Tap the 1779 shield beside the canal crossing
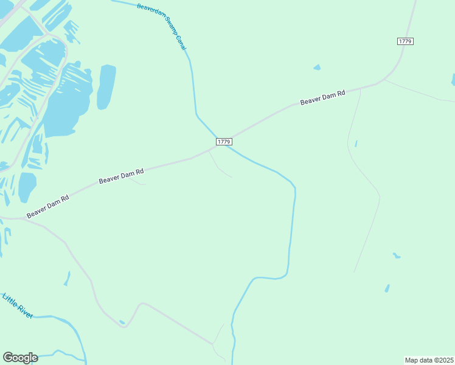pyautogui.click(x=224, y=141)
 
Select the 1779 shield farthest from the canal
pyautogui.click(x=405, y=41)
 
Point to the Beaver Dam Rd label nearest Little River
pyautogui.click(x=47, y=207)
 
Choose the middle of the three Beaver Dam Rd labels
pyautogui.click(x=121, y=176)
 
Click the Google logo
pyautogui.click(x=20, y=357)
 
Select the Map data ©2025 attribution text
pyautogui.click(x=429, y=360)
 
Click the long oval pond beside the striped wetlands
pyautogui.click(x=106, y=86)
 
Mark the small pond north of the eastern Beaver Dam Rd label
pyautogui.click(x=317, y=67)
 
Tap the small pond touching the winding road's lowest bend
pyautogui.click(x=122, y=322)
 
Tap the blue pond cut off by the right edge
pyautogui.click(x=453, y=80)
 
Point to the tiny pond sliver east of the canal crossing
pyautogui.click(x=356, y=144)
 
